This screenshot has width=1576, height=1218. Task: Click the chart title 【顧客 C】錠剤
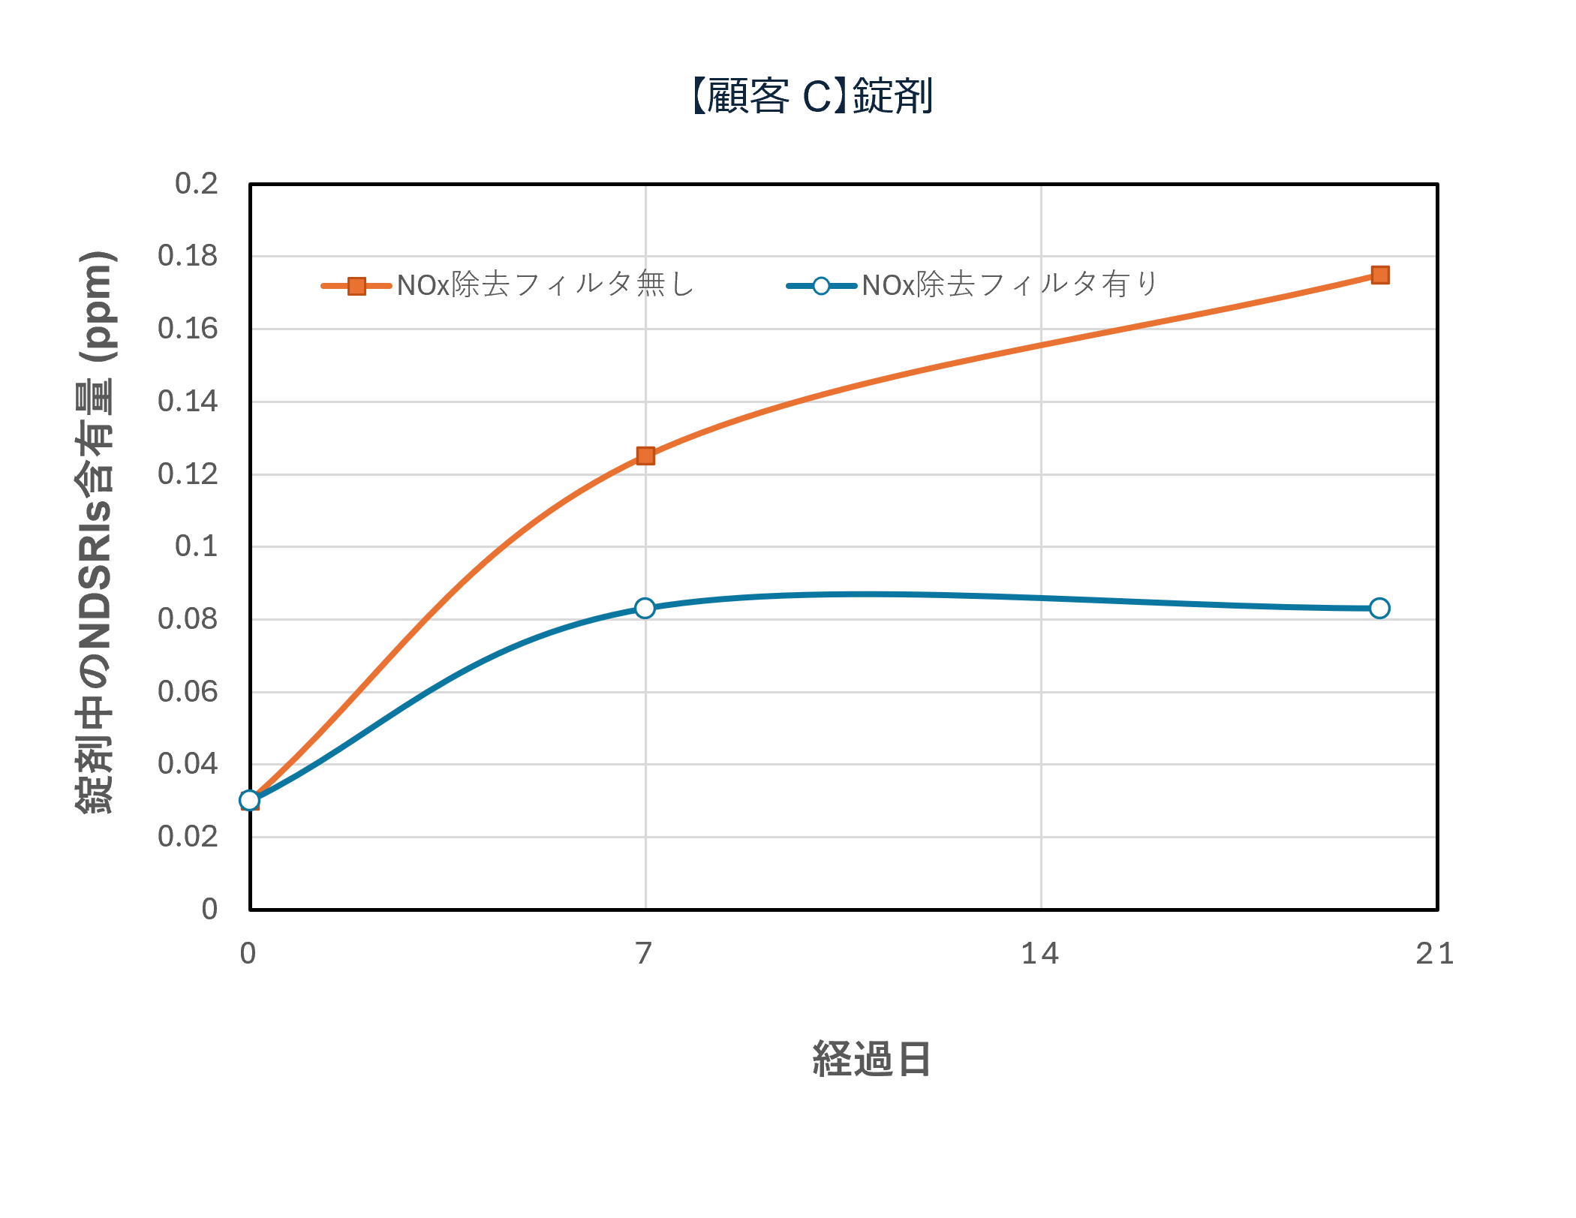811,97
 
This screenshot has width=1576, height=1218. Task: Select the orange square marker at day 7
645,456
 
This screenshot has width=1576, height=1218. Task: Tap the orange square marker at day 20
1379,275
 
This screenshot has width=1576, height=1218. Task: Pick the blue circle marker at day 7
645,608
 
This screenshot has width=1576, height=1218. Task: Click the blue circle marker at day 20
1379,608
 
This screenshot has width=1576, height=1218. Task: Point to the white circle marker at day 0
250,800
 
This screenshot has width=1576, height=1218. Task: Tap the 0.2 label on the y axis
196,183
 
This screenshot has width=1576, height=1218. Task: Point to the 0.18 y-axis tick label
188,256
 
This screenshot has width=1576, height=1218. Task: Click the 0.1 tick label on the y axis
196,546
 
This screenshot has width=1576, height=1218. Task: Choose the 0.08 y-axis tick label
188,619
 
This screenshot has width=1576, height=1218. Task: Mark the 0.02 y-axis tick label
188,836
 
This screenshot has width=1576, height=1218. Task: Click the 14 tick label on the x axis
1040,953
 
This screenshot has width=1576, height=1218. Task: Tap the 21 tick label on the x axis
1435,953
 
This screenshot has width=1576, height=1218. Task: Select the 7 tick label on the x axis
644,953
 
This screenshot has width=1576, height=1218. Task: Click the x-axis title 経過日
871,1059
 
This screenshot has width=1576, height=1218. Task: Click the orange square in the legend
357,286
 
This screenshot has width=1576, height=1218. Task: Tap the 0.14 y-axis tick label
188,401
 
